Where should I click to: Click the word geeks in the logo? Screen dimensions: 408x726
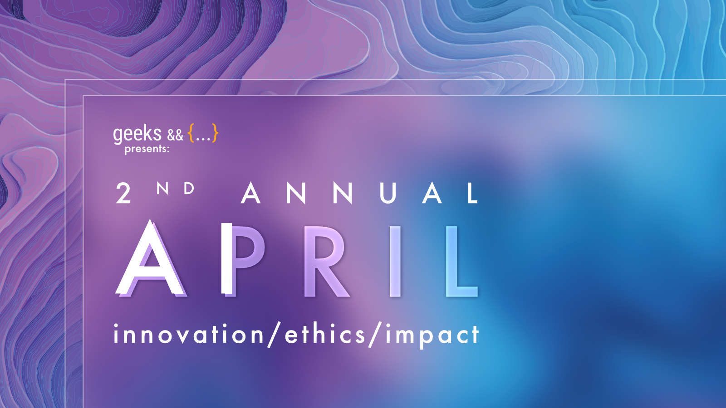tap(137, 134)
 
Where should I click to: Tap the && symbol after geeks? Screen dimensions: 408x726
tap(175, 135)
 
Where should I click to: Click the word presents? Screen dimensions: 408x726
tap(147, 149)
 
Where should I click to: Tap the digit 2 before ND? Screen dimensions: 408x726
tap(123, 194)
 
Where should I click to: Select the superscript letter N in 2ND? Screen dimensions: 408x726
tap(162, 188)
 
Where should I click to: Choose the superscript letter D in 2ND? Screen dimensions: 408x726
tap(189, 188)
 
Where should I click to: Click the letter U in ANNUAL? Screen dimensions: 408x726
tap(388, 193)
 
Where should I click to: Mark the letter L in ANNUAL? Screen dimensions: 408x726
tap(472, 193)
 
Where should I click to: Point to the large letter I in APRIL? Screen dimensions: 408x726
tap(395, 261)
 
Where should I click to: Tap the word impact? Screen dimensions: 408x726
tap(432, 336)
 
